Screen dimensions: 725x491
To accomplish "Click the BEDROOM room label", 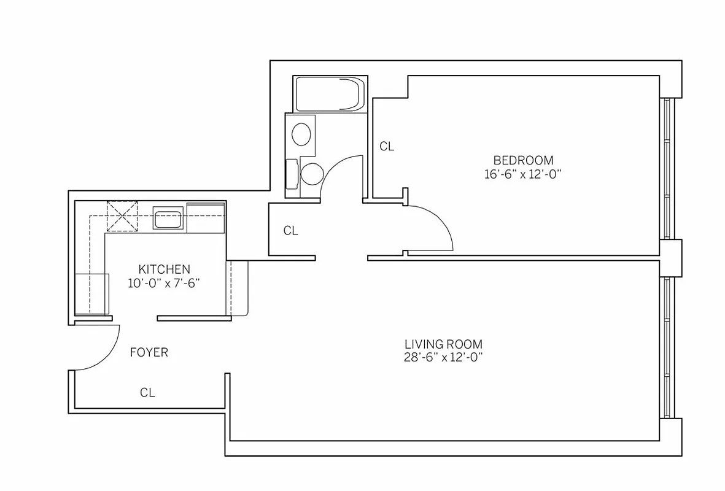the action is click(523, 160).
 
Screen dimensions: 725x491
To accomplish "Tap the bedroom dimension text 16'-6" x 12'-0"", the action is click(523, 174).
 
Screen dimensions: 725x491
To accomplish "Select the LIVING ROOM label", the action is click(443, 344).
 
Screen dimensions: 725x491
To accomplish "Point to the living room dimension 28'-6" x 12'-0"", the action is click(443, 357).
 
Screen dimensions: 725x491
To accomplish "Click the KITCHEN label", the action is click(164, 269).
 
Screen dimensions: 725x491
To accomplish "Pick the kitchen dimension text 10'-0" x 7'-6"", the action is click(164, 283).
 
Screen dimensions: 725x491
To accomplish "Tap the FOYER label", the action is click(149, 353).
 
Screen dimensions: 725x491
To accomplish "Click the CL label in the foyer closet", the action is click(147, 393).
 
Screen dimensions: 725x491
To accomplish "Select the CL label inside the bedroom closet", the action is click(386, 147).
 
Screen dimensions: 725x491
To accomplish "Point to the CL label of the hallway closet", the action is click(290, 231).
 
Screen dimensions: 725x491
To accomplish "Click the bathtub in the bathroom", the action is click(329, 94).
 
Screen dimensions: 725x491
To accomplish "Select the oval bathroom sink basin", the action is click(301, 134).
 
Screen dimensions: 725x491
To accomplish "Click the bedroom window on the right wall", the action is click(668, 168).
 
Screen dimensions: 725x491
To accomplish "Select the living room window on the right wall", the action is click(668, 348).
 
